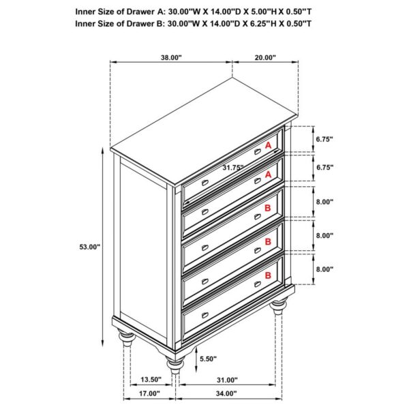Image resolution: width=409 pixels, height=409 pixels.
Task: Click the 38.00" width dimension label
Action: [171, 59]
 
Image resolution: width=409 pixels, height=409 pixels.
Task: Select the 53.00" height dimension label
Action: [89, 247]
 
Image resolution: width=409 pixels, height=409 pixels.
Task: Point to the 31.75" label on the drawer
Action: [233, 167]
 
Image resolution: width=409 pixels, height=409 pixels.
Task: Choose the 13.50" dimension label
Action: [150, 380]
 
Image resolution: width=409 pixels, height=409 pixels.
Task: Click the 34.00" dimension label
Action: [228, 393]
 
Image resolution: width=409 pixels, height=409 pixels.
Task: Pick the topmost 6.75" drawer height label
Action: [324, 139]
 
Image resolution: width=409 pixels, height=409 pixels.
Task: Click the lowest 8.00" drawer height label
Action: [324, 269]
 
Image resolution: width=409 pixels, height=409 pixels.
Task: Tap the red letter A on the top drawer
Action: [269, 146]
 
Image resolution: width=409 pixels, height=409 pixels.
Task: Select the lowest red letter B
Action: [269, 275]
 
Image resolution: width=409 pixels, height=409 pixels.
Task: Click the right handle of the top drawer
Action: [257, 152]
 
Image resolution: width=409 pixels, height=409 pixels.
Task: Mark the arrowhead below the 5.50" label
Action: [196, 367]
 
